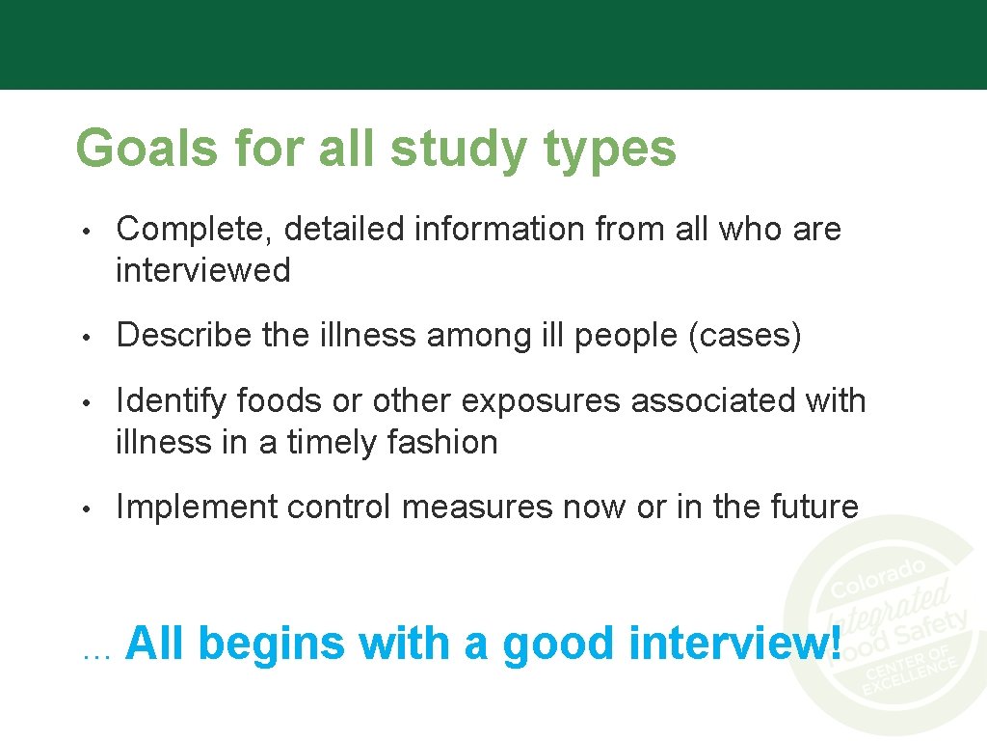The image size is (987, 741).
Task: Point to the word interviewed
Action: [x=202, y=270]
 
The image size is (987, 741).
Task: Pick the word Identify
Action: [x=171, y=401]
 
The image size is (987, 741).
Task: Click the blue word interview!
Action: [x=735, y=644]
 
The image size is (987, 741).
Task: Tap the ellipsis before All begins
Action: [x=97, y=654]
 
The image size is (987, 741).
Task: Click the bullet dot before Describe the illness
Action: [x=86, y=337]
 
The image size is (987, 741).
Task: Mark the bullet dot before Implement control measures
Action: [x=86, y=508]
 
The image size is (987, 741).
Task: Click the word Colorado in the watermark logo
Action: [x=878, y=576]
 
